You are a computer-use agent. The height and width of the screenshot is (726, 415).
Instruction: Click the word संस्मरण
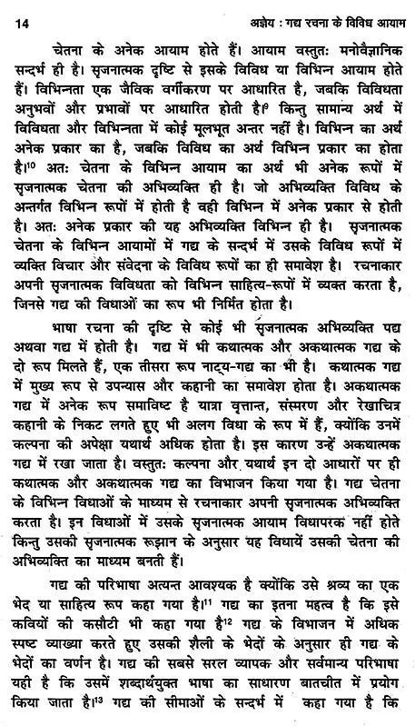coord(301,454)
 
